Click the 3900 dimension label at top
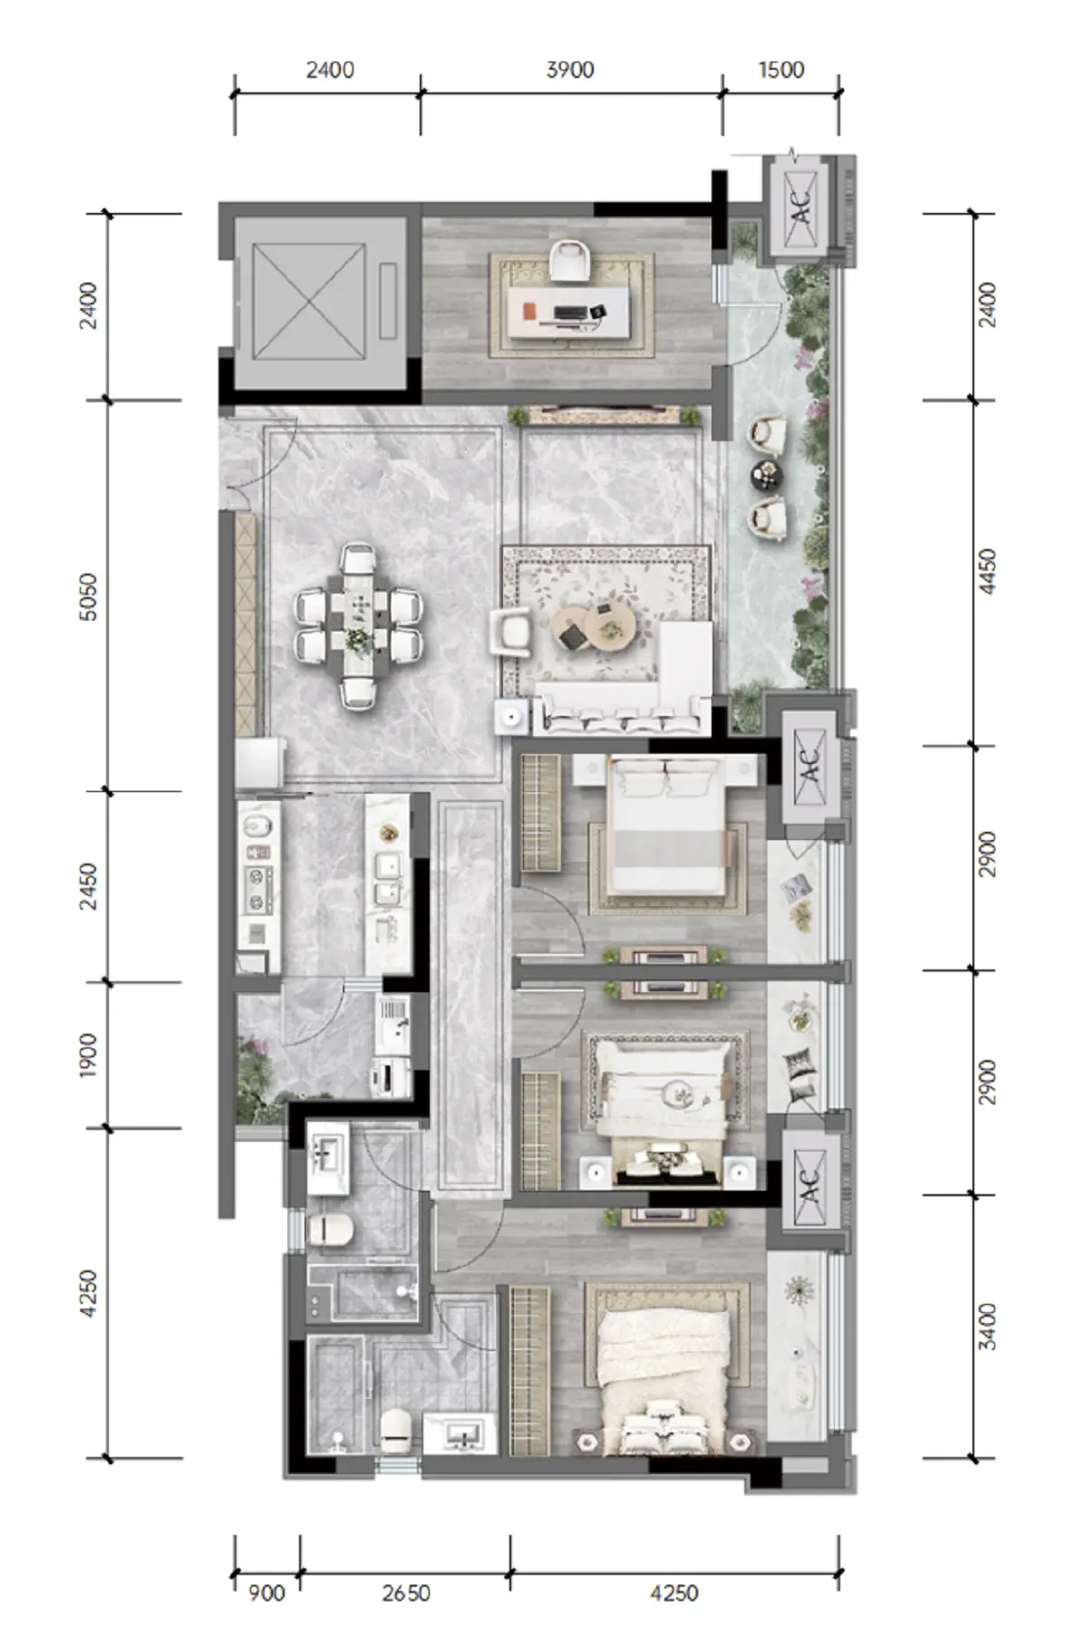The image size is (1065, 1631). [x=570, y=70]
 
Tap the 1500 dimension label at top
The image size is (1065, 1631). [x=781, y=70]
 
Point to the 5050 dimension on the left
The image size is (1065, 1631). [x=89, y=595]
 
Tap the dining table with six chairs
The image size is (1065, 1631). [x=358, y=626]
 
